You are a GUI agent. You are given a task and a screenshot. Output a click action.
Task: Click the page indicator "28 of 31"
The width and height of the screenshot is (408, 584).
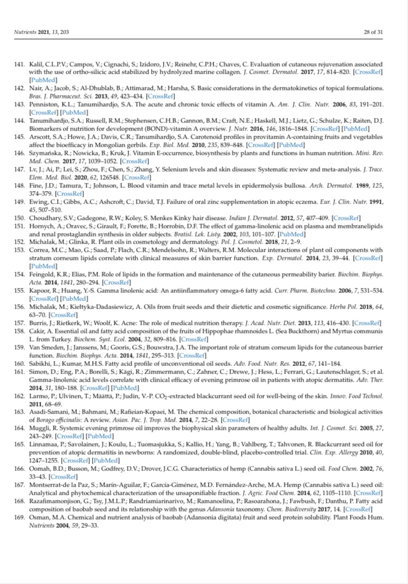pyautogui.click(x=373, y=32)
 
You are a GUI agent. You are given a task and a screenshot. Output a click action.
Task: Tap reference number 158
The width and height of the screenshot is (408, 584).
pyautogui.click(x=20, y=331)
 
